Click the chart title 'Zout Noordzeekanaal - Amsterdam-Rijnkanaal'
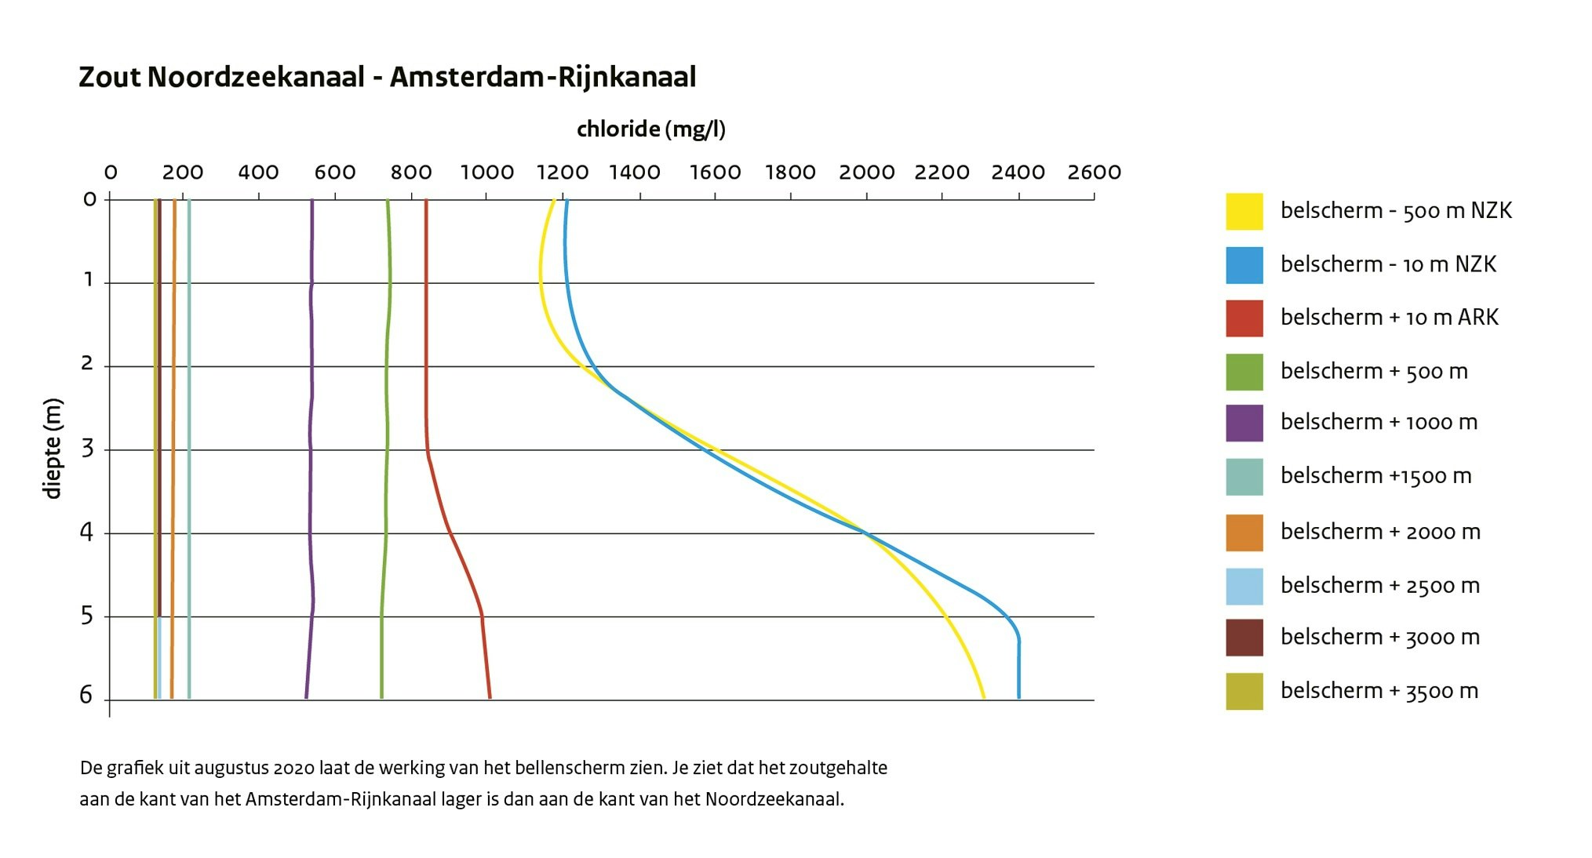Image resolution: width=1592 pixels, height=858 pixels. [x=387, y=78]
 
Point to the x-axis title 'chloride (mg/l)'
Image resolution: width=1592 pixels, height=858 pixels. [x=650, y=129]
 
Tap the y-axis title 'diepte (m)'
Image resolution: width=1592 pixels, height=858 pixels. [x=53, y=449]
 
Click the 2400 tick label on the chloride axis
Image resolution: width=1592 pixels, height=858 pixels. [x=1018, y=173]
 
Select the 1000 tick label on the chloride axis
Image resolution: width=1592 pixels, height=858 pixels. [x=486, y=173]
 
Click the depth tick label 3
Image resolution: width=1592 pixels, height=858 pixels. [x=87, y=449]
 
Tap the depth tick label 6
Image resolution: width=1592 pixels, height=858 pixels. [x=86, y=696]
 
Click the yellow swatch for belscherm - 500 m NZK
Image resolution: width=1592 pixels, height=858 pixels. [x=1244, y=212]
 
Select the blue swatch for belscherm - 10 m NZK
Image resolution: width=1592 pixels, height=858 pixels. [x=1244, y=265]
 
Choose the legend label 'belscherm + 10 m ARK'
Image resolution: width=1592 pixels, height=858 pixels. [x=1389, y=318]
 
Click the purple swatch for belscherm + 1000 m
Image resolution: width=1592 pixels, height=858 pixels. [x=1244, y=424]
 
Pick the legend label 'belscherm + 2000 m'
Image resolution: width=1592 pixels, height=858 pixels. [x=1380, y=533]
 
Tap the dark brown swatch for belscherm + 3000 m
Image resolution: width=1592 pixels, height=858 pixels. [x=1244, y=637]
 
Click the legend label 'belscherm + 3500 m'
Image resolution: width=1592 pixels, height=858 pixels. [x=1379, y=691]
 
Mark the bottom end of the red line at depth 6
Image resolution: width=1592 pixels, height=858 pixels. [x=490, y=696]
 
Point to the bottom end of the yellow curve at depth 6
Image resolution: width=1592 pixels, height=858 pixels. [x=984, y=696]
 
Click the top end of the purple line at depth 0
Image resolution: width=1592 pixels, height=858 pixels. [x=311, y=202]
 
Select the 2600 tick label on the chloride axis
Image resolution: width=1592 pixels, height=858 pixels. [x=1094, y=173]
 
